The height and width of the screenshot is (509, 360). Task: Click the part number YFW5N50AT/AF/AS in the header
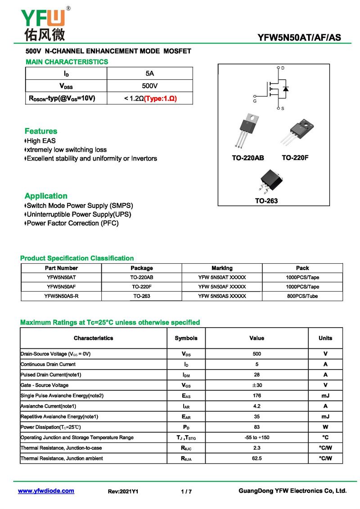[299, 38]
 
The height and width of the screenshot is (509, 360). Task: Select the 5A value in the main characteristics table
[149, 73]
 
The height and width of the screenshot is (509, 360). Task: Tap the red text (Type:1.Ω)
[160, 98]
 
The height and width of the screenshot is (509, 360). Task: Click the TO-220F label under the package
[295, 158]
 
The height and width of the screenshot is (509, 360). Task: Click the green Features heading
[41, 131]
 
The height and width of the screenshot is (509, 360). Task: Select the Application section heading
[46, 196]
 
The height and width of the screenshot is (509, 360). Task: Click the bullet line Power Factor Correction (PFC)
[72, 223]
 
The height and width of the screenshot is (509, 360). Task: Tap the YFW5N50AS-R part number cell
[62, 296]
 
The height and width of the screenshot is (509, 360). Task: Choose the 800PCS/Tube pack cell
[302, 296]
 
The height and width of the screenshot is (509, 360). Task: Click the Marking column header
[222, 268]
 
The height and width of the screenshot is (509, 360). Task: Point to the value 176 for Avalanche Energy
[256, 396]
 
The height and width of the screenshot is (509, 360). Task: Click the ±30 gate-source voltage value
[256, 385]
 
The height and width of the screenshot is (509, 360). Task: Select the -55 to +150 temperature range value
[256, 437]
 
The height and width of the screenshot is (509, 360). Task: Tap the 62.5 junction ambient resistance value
[256, 459]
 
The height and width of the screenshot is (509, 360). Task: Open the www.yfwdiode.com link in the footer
[46, 491]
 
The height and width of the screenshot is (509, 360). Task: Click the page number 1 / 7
[186, 491]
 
